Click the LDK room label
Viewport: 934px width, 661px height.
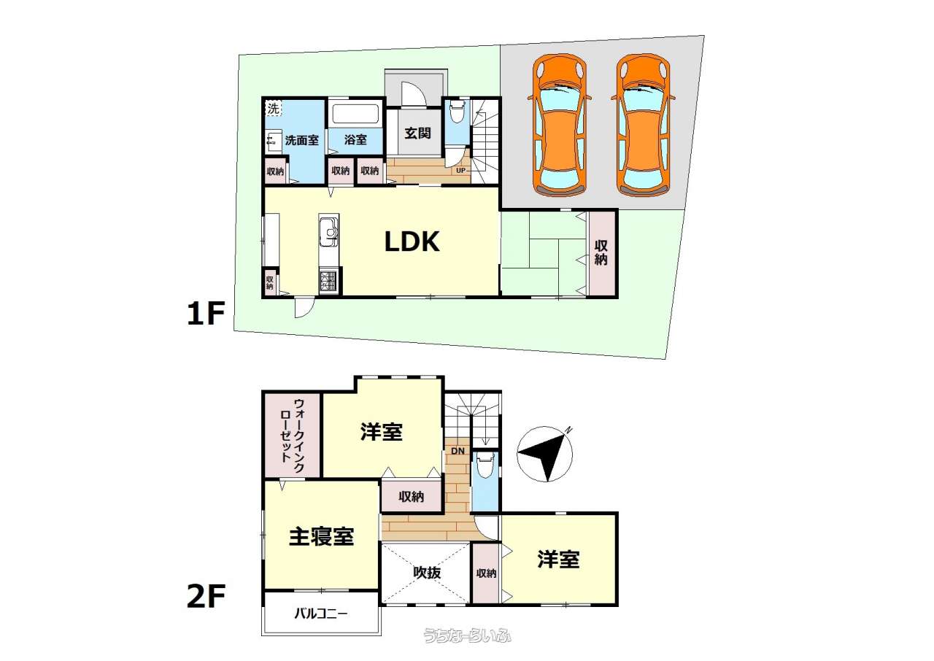(412, 242)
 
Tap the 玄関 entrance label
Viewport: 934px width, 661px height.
(417, 134)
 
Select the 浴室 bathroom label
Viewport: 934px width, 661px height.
(355, 139)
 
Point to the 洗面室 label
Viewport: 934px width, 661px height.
(302, 140)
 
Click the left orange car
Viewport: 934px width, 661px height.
(560, 125)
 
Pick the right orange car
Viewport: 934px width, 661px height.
(644, 125)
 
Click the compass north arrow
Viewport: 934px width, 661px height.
(544, 455)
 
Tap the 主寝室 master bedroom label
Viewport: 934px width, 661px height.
(322, 537)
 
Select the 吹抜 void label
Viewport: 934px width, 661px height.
(427, 573)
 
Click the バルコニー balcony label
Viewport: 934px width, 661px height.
(320, 614)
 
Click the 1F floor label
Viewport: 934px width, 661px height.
(206, 314)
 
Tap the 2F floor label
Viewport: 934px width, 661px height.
(206, 596)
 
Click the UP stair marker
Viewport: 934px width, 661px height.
(460, 171)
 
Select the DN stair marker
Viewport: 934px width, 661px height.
(458, 451)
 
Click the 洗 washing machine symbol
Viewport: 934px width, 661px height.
(274, 109)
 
